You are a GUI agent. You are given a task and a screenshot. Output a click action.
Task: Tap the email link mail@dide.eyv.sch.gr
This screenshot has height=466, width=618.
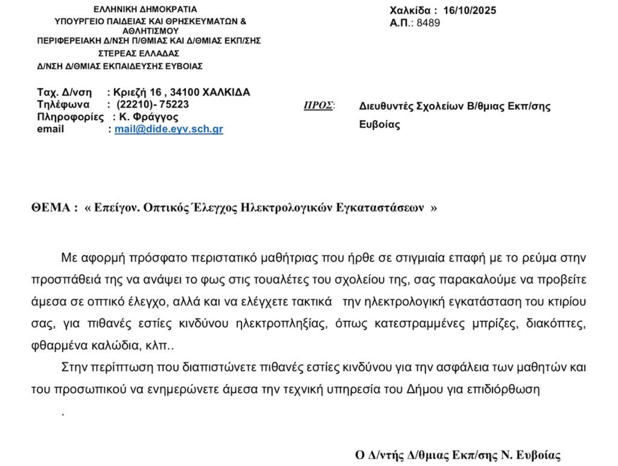pos(169,129)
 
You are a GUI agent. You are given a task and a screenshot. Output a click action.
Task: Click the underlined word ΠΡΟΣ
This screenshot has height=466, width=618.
pos(318,105)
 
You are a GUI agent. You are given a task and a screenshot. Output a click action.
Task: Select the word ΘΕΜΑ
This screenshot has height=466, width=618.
pos(51,207)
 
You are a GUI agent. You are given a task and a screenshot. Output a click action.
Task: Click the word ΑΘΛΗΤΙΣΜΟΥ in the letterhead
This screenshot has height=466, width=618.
pos(150,30)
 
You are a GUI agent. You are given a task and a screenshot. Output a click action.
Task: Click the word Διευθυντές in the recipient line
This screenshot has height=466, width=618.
pos(386,106)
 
